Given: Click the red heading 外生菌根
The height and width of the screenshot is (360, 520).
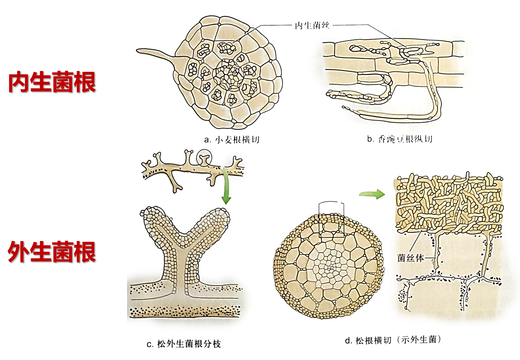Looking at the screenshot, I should pyautogui.click(x=52, y=252).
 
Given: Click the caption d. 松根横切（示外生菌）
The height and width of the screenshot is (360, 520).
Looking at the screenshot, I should pyautogui.click(x=393, y=340).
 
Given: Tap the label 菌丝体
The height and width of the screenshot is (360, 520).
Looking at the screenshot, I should pyautogui.click(x=411, y=258).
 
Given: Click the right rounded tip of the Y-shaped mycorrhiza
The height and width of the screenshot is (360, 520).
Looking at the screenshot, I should pyautogui.click(x=220, y=215).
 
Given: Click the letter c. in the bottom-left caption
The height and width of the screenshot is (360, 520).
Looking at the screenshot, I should pyautogui.click(x=149, y=345).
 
